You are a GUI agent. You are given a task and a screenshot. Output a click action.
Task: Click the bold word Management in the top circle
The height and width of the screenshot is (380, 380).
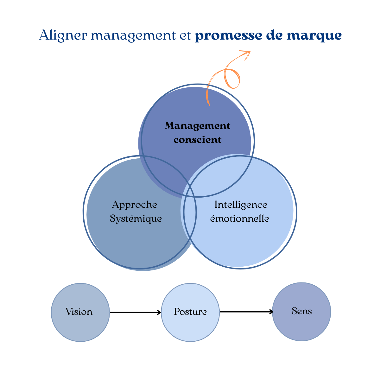[x=198, y=126]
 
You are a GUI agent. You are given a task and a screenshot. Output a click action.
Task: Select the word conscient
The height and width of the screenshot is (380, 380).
[x=198, y=140]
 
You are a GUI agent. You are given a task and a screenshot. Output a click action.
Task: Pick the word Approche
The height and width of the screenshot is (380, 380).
[x=135, y=205]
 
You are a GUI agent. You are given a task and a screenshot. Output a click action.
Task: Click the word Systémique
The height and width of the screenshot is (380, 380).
[x=136, y=218]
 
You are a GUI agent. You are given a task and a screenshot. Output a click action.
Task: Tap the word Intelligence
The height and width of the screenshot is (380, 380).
[x=241, y=205]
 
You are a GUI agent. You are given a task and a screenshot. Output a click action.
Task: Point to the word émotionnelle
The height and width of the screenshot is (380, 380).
[x=240, y=218]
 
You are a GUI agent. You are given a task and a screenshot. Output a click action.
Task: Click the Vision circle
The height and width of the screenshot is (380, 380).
[x=80, y=312]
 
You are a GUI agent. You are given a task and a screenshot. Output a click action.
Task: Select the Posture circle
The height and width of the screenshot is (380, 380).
[x=190, y=312]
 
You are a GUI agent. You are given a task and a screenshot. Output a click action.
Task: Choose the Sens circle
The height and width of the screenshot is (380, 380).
[x=301, y=312]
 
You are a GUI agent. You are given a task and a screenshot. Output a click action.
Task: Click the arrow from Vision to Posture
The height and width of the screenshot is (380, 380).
[x=135, y=313]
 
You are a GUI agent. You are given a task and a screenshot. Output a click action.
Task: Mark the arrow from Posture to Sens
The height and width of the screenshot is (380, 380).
[x=246, y=312]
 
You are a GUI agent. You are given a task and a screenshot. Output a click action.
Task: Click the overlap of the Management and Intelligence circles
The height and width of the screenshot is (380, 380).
[x=222, y=177]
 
